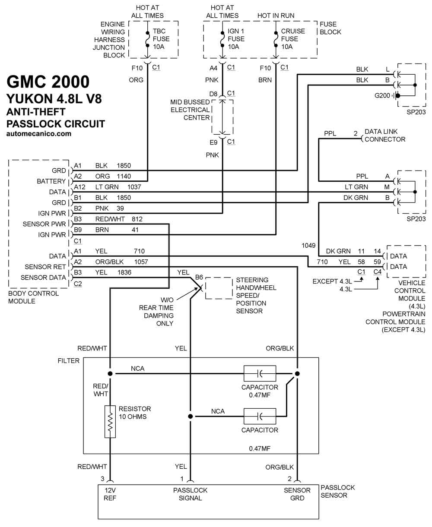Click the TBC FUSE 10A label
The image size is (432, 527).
point(161,39)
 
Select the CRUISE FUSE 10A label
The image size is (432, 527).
point(293,39)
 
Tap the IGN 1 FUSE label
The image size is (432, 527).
point(236,35)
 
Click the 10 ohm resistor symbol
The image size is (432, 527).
point(110,422)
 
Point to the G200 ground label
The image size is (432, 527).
point(382,95)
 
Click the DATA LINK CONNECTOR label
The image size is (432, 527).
point(385,135)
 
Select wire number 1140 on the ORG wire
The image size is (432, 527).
point(124,176)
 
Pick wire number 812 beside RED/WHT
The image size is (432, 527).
point(137,219)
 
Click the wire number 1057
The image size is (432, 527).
point(141,262)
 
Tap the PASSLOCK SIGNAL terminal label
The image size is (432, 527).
point(190,494)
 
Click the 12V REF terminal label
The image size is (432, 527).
point(110,494)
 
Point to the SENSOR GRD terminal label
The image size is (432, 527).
point(297,494)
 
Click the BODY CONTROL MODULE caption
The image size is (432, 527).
point(33,297)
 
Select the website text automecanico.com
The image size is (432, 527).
point(39,134)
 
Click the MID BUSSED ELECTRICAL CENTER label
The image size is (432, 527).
point(190,110)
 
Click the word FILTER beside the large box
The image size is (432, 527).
point(68,360)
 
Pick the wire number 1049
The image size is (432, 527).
point(308,246)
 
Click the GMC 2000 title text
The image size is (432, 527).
point(48,82)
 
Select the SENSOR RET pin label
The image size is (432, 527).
point(45,267)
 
